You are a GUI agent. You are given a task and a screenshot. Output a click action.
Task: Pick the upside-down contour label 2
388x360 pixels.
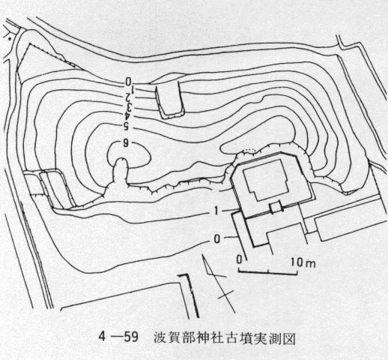pyautogui.click(x=128, y=98)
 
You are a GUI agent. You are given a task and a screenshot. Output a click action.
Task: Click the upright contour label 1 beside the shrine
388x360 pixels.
pyautogui.click(x=216, y=211)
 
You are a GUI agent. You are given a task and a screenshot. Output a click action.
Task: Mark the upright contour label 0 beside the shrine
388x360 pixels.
pyautogui.click(x=217, y=239)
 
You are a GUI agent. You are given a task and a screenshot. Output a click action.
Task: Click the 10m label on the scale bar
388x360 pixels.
pyautogui.click(x=303, y=263)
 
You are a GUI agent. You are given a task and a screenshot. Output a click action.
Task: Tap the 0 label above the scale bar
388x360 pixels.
pyautogui.click(x=239, y=259)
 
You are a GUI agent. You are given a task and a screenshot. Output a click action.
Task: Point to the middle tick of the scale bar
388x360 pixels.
pyautogui.click(x=268, y=271)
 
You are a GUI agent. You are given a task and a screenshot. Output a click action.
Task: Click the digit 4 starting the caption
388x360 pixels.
pyautogui.click(x=103, y=337)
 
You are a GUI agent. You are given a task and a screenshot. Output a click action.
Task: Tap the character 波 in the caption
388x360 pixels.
pyautogui.click(x=160, y=337)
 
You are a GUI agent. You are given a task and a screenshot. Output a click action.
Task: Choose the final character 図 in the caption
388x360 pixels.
pyautogui.click(x=289, y=337)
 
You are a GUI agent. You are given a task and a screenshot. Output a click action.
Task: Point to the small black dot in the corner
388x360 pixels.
pyautogui.click(x=10, y=39)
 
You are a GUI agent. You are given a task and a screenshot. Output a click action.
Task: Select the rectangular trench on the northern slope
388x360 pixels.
pyautogui.click(x=169, y=99)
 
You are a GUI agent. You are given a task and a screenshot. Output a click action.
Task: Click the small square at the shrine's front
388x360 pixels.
pyautogui.click(x=276, y=208)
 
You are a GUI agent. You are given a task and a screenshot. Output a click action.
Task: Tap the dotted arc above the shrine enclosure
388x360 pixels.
pyautogui.click(x=249, y=149)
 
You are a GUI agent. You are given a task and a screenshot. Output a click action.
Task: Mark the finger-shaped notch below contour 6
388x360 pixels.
pyautogui.click(x=121, y=171)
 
